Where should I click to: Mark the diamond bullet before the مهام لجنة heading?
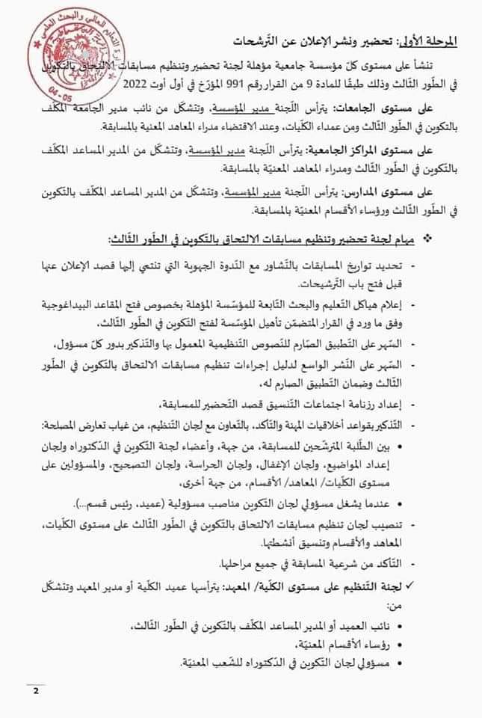pyautogui.click(x=448, y=238)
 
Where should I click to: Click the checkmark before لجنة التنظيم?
pyautogui.click(x=446, y=583)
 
